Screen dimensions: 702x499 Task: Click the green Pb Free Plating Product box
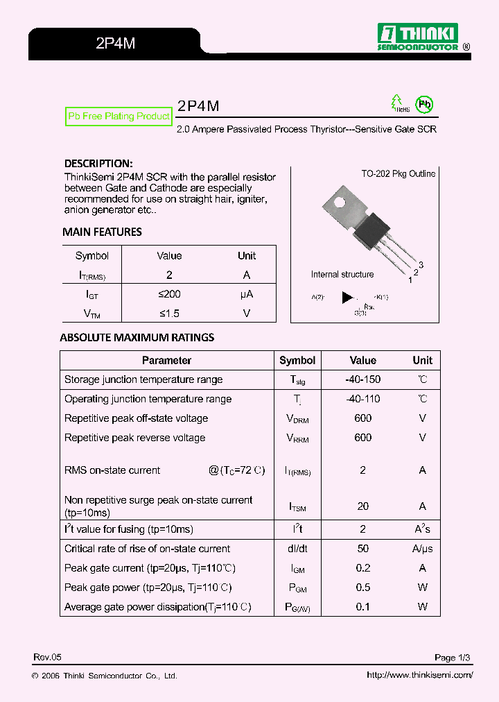coord(119,116)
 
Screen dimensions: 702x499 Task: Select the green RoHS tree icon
coord(398,103)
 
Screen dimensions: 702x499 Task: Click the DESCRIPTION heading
coord(98,164)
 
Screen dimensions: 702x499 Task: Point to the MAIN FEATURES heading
coord(102,232)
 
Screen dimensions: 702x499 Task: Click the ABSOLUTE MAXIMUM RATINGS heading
coord(137,338)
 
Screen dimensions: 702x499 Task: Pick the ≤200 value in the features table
coord(169,294)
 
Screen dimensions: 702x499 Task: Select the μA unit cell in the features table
coord(247,294)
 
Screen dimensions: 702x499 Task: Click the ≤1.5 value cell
coord(169,314)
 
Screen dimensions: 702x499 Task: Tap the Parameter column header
coord(166,361)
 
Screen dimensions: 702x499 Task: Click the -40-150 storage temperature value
coord(362,379)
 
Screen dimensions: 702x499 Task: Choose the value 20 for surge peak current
coord(362,506)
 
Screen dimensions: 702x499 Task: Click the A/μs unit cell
coord(422,549)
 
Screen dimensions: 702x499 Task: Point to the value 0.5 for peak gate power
coord(362,588)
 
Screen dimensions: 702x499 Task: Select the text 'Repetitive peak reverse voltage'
coord(134,438)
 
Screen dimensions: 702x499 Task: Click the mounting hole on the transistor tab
coord(339,203)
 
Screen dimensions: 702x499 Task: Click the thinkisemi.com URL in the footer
coord(419,676)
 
